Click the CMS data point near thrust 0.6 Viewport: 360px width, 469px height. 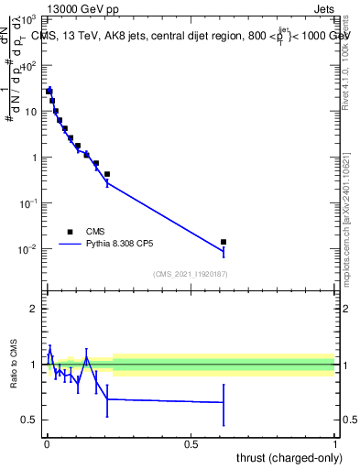(224, 242)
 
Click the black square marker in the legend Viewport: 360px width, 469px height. (70, 232)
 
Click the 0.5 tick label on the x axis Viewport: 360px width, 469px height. (191, 443)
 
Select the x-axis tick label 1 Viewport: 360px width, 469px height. (335, 443)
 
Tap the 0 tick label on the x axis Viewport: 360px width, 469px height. (46, 443)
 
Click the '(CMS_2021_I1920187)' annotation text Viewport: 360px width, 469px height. (189, 274)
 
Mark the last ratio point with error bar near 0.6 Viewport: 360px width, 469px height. (224, 402)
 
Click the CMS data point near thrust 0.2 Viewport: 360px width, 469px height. (107, 174)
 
